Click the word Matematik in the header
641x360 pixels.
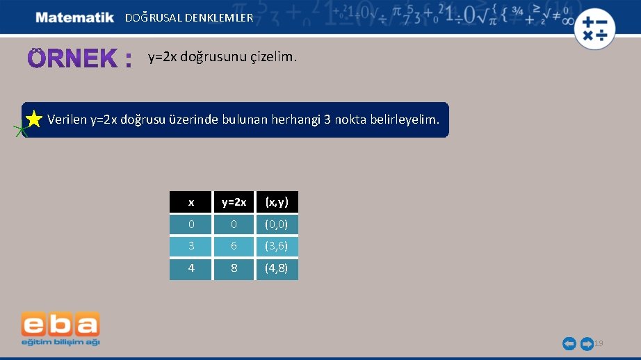(74, 17)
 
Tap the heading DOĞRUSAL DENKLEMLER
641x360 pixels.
(189, 18)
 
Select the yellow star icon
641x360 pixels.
(33, 120)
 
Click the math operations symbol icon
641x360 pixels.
(595, 28)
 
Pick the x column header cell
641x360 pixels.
(190, 202)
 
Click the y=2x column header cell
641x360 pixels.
(234, 202)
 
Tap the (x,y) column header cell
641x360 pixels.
(277, 202)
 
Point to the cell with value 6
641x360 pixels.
(234, 246)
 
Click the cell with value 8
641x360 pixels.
(234, 268)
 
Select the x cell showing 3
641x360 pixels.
(190, 246)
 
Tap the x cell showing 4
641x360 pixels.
(190, 268)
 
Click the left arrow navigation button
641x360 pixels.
(569, 343)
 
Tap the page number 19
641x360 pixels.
(599, 343)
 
